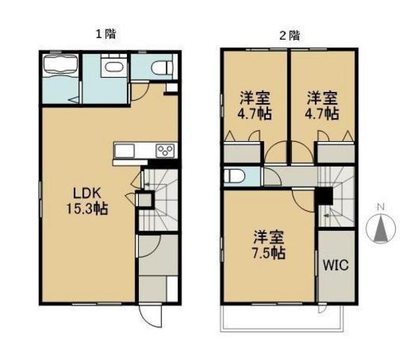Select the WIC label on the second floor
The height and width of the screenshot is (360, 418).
point(335,264)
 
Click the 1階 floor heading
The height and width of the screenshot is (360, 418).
point(104,34)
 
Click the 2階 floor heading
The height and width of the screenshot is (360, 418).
point(288,34)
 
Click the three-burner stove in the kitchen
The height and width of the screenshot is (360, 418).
point(165,152)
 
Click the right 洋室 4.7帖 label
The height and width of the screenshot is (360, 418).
point(322,105)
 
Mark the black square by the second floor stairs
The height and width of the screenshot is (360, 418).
point(323,197)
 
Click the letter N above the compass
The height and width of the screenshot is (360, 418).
point(380,207)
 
